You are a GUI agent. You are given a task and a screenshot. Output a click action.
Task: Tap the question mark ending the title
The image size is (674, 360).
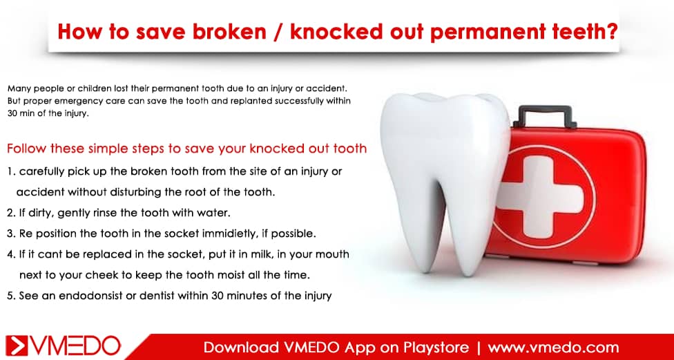[612, 31]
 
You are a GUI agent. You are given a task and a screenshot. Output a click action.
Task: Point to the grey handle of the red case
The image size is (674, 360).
[546, 115]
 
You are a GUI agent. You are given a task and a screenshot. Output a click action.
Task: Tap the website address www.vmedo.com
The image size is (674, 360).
[554, 347]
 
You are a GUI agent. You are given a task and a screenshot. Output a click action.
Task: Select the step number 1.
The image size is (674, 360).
[10, 171]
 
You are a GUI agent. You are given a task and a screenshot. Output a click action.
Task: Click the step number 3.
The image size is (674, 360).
[11, 234]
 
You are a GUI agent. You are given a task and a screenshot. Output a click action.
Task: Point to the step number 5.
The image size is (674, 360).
[11, 296]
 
